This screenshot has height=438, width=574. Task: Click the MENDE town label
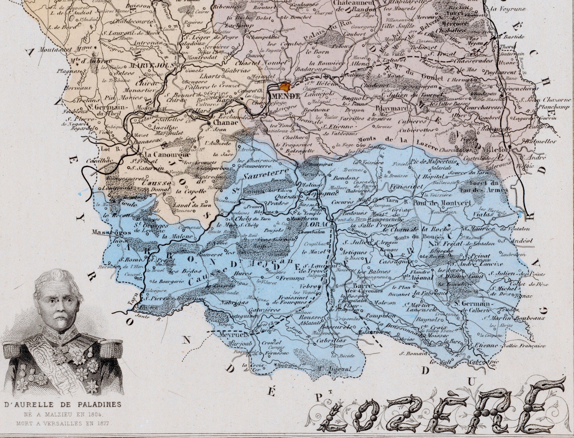pos(285,96)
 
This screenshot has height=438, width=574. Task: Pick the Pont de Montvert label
pos(442,203)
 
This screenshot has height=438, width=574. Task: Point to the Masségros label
pos(106,232)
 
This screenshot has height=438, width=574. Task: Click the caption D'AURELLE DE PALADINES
pos(62,404)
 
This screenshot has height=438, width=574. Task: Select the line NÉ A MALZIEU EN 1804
pos(62,414)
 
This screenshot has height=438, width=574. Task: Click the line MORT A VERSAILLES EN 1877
pos(62,422)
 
